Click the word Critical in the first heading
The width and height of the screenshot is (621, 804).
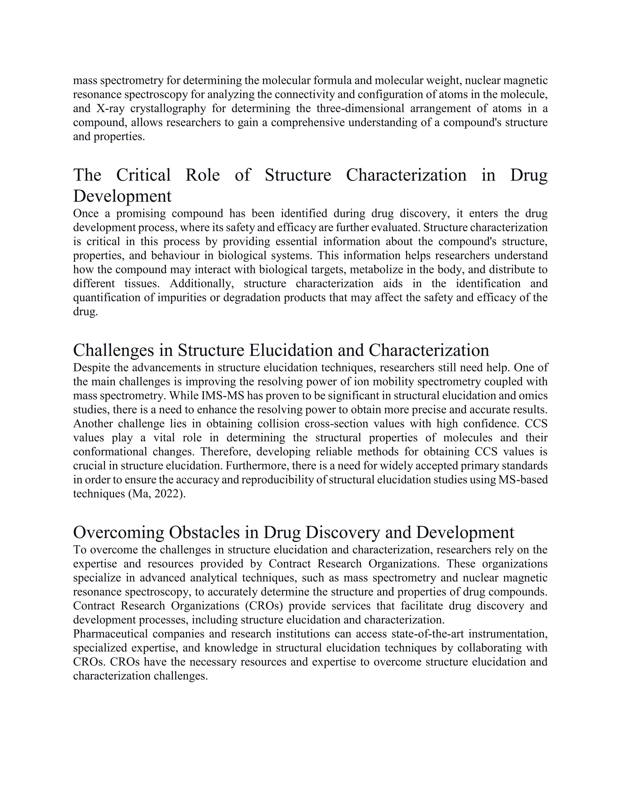[x=143, y=175]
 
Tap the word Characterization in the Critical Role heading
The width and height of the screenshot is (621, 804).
[x=406, y=175]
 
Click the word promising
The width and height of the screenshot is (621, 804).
[x=138, y=214]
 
